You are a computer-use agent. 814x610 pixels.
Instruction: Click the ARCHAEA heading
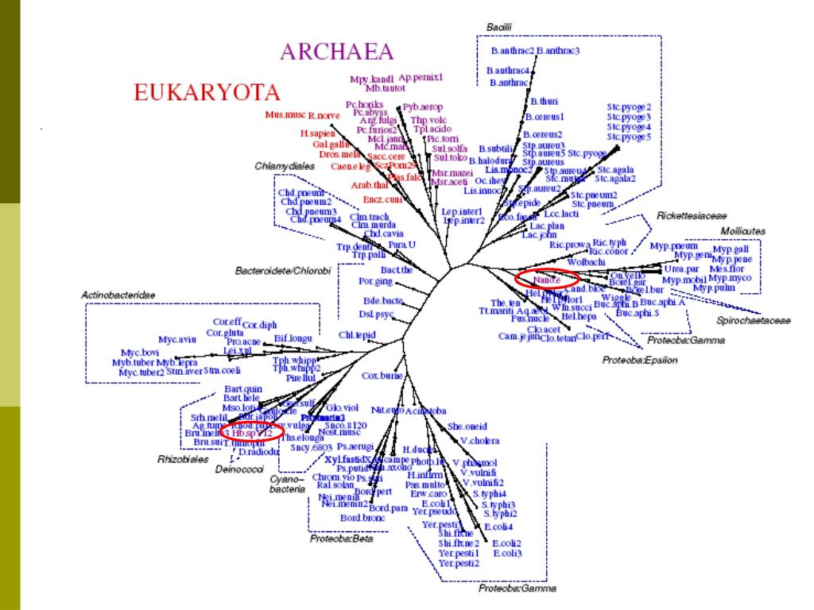pyautogui.click(x=336, y=52)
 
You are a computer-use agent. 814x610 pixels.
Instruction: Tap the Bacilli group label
pyautogui.click(x=498, y=27)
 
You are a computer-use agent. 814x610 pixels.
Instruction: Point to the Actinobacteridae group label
pyautogui.click(x=118, y=295)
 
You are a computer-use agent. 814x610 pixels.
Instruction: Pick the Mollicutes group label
pyautogui.click(x=742, y=230)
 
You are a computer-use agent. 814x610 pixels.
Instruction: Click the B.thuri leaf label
pyautogui.click(x=545, y=102)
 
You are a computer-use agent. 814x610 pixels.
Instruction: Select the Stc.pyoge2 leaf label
pyautogui.click(x=629, y=106)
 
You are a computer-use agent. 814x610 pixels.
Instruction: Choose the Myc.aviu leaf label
pyautogui.click(x=176, y=339)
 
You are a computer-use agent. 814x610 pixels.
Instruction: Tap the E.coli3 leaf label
pyautogui.click(x=507, y=553)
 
